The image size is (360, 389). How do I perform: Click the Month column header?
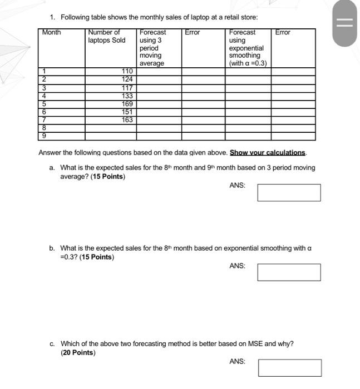[x=52, y=33]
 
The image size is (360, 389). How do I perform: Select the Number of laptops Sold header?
[x=106, y=37]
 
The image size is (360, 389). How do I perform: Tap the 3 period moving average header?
[x=152, y=48]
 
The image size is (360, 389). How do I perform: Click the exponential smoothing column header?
[x=248, y=48]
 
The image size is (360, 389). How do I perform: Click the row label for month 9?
[x=43, y=136]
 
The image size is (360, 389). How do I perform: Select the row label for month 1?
[x=43, y=72]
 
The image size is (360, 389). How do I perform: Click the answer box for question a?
[x=289, y=193]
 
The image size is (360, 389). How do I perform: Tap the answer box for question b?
[x=289, y=272]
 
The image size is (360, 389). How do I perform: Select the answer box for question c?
[x=289, y=368]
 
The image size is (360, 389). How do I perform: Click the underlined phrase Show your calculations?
[x=268, y=153]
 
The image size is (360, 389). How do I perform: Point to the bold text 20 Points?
[x=78, y=353]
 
